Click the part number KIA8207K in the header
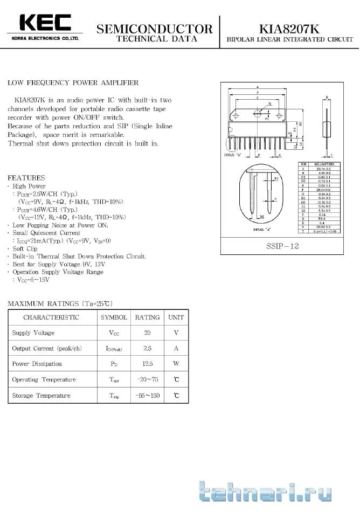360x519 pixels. pos(290,29)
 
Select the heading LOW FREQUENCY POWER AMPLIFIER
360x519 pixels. pos(73,82)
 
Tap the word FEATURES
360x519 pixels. pos(26,178)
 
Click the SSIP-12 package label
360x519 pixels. pos(282,246)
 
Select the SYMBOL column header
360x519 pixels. pos(114,317)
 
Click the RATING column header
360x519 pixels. pos(147,317)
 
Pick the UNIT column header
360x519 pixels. pos(176,317)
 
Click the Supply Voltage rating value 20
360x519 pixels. pos(147,333)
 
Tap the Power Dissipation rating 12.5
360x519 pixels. pos(147,364)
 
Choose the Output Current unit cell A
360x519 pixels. pos(176,348)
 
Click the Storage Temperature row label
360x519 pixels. pos(41,396)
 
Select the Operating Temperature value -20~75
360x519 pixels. pos(147,379)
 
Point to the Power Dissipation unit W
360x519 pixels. pos(176,364)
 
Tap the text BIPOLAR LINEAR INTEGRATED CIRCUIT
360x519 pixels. pos(290,40)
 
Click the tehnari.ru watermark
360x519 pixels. pos(265,492)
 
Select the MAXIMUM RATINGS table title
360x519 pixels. pos(60,303)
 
